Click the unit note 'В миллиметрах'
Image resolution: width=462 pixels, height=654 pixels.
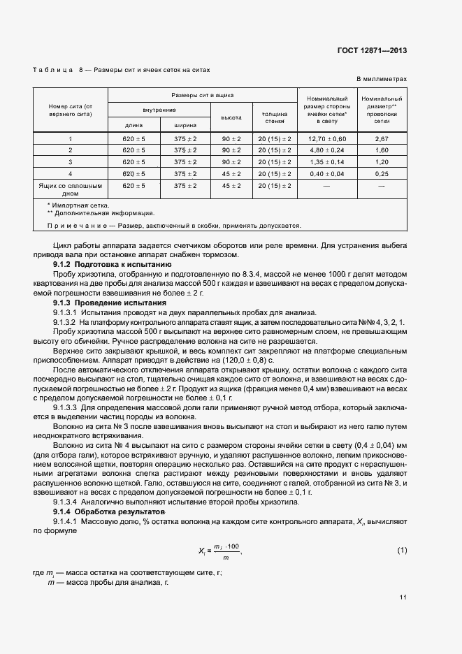point(382,80)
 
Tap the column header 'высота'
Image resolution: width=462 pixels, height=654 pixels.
point(231,117)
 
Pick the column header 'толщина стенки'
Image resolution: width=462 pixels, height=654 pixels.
point(275,117)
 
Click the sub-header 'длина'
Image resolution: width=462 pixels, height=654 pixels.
point(133,126)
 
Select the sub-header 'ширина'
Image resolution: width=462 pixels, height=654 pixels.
point(185,126)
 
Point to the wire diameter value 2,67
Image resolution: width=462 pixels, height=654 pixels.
point(382,139)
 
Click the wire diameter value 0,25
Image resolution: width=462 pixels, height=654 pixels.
point(382,173)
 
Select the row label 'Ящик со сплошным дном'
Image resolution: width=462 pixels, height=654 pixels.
point(70,190)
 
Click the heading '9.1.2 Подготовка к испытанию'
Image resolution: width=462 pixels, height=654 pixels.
point(112,266)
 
